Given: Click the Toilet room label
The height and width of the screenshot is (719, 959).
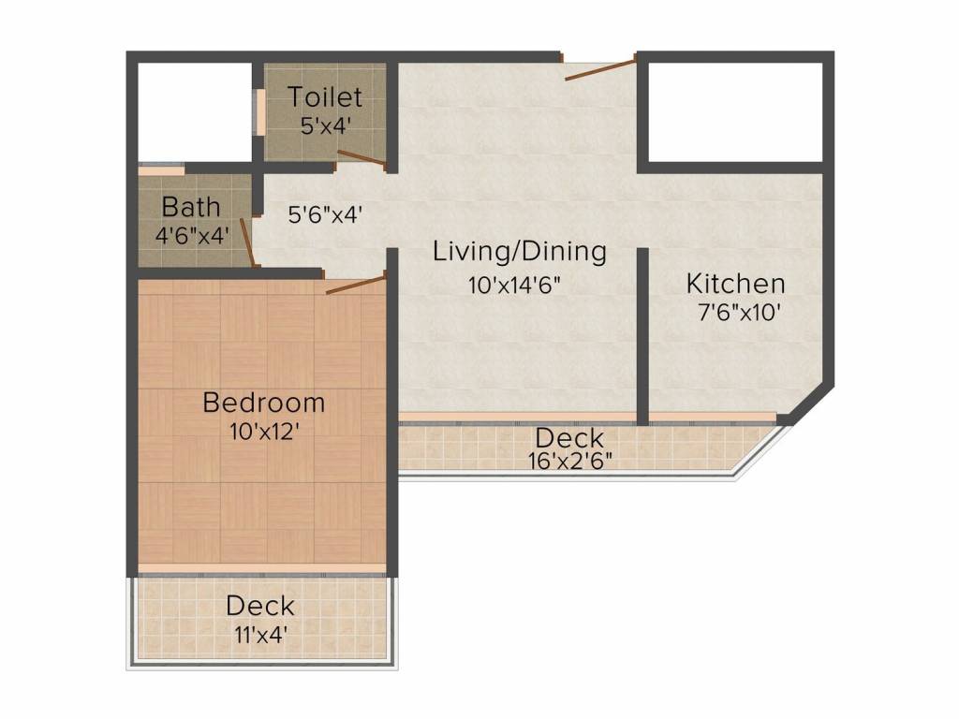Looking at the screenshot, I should click(324, 96).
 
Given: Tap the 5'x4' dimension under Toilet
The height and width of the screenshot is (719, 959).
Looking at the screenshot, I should click(325, 125).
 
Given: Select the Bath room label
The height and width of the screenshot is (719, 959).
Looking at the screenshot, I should click(191, 206).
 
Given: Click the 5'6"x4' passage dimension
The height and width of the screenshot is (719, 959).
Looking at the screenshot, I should click(324, 214).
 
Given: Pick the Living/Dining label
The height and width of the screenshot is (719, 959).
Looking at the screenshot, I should click(520, 252).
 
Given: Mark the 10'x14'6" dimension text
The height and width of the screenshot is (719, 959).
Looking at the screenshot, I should click(514, 286).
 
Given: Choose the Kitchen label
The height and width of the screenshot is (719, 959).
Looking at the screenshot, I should click(735, 283).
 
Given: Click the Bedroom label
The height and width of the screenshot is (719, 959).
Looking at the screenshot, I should click(264, 403).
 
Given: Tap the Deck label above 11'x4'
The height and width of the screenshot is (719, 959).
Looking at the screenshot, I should click(259, 606).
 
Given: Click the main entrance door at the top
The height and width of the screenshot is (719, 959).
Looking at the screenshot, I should click(599, 69).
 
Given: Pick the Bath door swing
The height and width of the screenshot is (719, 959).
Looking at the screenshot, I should click(246, 242).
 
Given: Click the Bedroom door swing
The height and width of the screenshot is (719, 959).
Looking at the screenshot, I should click(356, 285).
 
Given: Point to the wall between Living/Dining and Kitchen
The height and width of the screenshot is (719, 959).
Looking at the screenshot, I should click(643, 335).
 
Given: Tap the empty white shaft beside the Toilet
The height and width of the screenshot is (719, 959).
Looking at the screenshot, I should click(195, 112).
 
